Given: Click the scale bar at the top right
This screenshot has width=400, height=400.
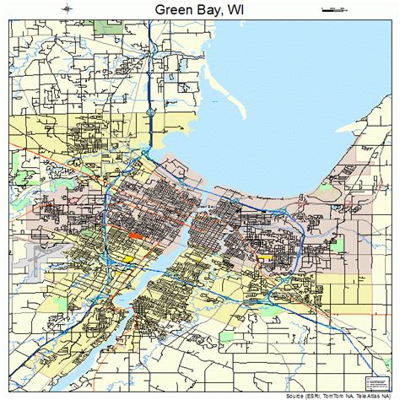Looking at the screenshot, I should (x=334, y=9).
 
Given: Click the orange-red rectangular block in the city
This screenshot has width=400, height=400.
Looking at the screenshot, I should (x=136, y=235).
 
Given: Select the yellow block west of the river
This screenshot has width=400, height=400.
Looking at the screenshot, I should (x=129, y=258).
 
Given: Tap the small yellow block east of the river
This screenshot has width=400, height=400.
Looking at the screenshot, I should (x=265, y=253).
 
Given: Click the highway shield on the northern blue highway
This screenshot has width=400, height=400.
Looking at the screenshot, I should (x=150, y=111).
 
